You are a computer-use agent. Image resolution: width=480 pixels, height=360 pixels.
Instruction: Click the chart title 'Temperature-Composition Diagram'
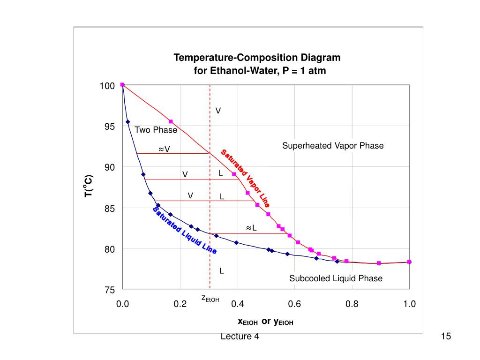(x=257, y=58)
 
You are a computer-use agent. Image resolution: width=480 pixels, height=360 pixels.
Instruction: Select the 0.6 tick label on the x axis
(x=294, y=304)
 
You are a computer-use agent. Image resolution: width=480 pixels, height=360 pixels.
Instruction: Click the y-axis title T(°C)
(x=89, y=186)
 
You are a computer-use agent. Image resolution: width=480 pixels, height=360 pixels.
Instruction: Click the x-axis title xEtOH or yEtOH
(x=265, y=322)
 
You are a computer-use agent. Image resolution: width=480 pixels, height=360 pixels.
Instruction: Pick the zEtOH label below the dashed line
(x=210, y=298)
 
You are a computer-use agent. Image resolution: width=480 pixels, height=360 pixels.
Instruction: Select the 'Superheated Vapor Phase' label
(x=332, y=146)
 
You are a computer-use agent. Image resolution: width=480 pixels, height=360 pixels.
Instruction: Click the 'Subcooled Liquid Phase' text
(x=336, y=278)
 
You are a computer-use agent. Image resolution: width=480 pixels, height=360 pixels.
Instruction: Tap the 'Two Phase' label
(x=156, y=130)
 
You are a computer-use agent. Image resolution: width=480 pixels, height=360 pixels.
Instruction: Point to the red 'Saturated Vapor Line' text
(x=245, y=178)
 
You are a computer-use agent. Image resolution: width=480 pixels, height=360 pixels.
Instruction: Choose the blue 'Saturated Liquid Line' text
(x=185, y=230)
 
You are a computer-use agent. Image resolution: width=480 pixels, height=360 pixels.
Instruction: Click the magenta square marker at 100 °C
(x=122, y=85)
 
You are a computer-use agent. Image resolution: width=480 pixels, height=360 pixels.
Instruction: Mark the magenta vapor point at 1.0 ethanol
(x=409, y=262)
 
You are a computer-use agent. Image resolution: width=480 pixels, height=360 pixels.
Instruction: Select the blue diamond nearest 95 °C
(x=127, y=122)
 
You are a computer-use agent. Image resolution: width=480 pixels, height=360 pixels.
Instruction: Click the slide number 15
(x=445, y=336)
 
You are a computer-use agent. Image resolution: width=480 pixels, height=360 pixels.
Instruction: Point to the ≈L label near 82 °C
(x=251, y=228)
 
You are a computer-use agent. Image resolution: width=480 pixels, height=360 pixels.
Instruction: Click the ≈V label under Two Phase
(x=164, y=149)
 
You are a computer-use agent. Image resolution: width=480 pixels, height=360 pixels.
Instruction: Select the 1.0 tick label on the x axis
(x=409, y=304)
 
